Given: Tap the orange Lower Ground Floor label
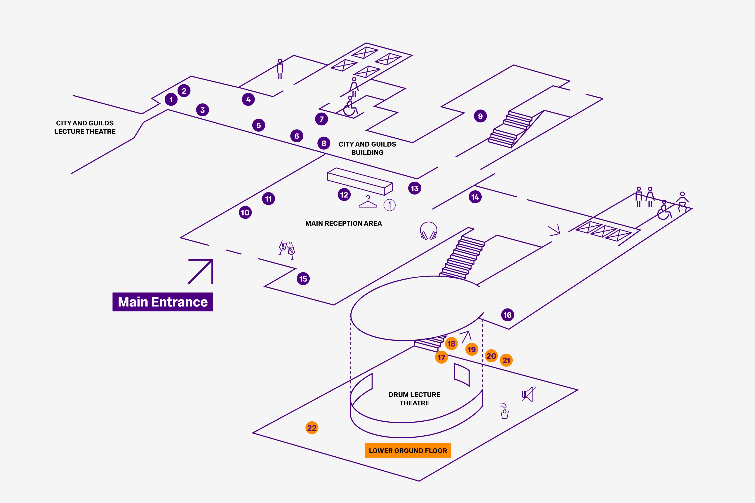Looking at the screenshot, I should click(408, 450).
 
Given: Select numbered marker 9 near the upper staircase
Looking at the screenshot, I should click(480, 116).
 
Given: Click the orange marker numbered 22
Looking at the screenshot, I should click(312, 428).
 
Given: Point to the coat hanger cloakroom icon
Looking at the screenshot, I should click(368, 202).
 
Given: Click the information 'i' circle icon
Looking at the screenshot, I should click(389, 205).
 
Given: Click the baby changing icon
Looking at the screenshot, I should click(682, 202).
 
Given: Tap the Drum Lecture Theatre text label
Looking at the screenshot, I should click(414, 399).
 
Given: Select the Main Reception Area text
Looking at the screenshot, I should click(343, 223).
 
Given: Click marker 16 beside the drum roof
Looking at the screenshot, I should click(507, 315).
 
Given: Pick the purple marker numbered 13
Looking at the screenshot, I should click(415, 188).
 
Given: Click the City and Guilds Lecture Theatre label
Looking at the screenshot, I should click(85, 127).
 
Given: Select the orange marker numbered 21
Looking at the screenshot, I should click(506, 360).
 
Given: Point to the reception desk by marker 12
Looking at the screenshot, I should click(360, 181).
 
